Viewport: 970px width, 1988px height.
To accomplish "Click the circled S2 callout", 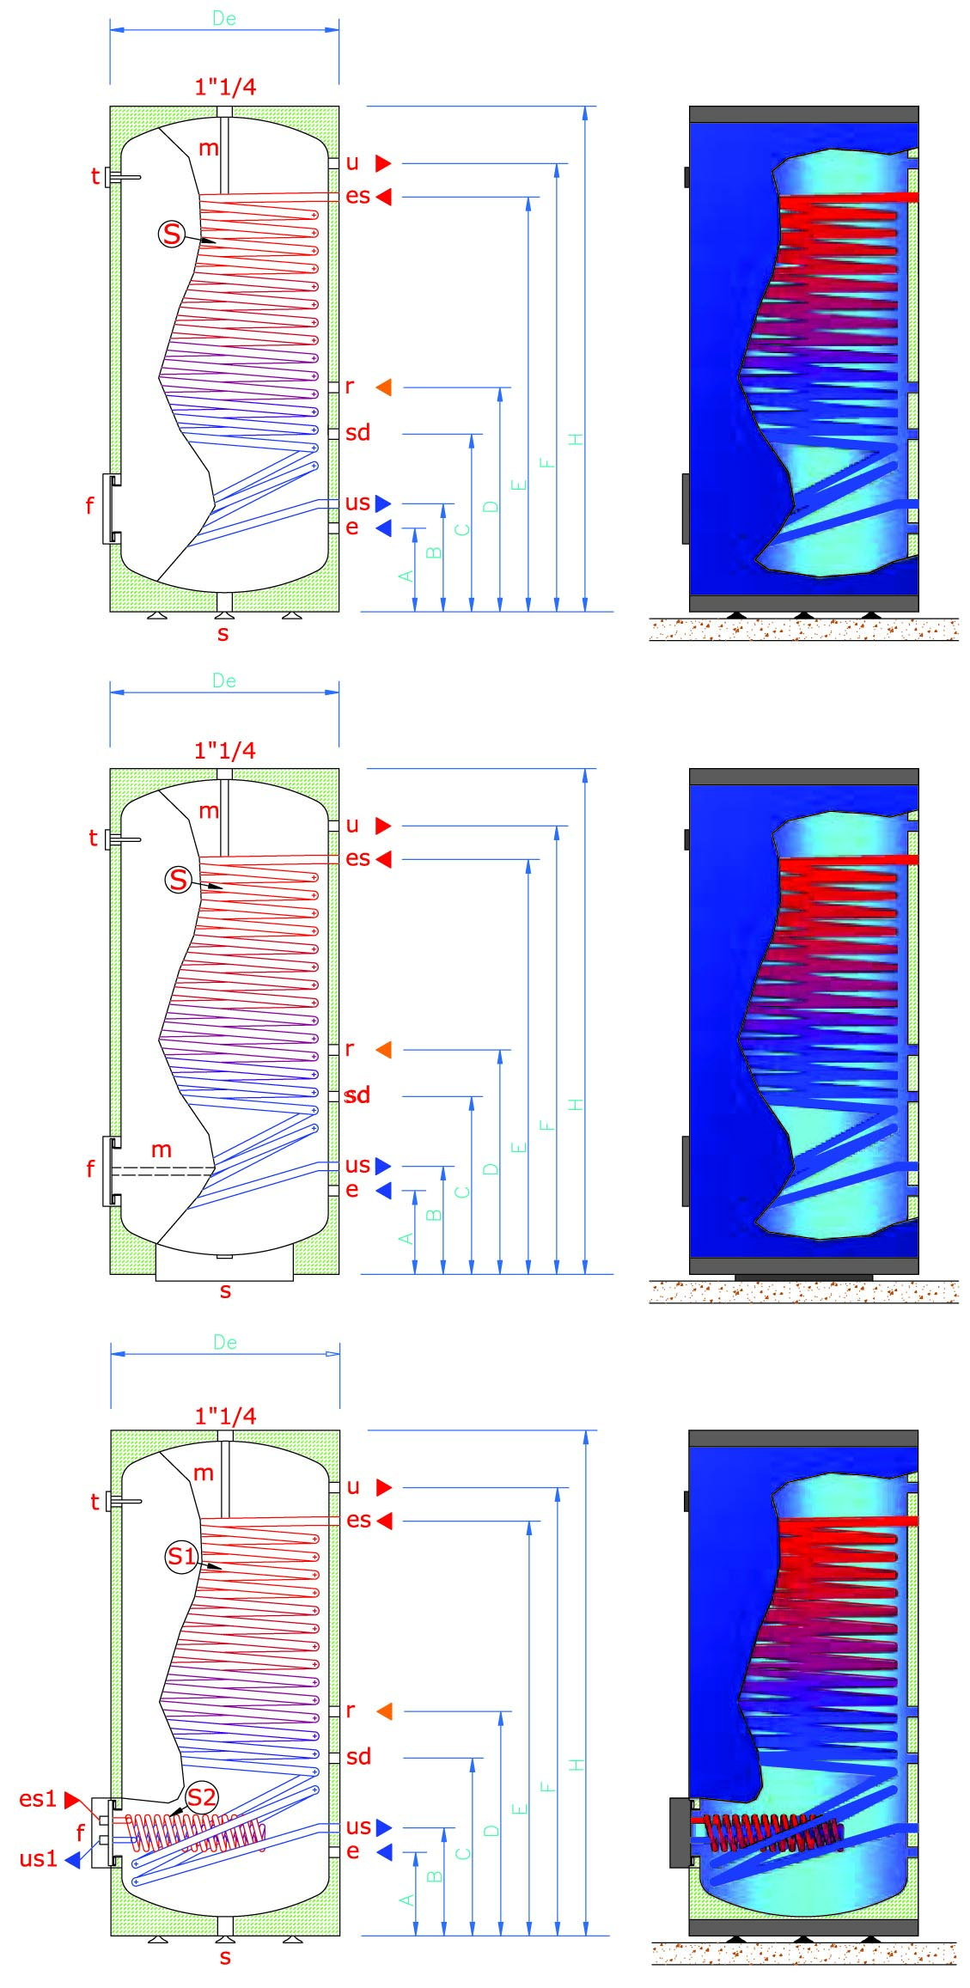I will click(201, 1796).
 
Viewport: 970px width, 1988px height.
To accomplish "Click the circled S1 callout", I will click(182, 1556).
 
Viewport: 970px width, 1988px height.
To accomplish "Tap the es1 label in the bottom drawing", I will click(38, 1798).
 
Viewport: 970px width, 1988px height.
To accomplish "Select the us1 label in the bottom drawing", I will click(38, 1858).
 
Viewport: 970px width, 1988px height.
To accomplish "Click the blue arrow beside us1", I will click(73, 1859).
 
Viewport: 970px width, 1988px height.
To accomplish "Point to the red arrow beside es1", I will click(72, 1799).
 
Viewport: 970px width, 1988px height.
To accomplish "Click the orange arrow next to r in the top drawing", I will click(384, 387).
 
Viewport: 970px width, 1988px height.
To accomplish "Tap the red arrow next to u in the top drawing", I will click(383, 162).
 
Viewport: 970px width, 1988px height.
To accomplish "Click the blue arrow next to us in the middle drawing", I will click(383, 1166).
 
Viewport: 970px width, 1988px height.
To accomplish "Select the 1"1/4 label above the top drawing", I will click(225, 87).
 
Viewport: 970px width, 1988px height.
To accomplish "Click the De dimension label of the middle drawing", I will click(224, 680).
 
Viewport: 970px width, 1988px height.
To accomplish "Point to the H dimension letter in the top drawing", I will click(576, 439).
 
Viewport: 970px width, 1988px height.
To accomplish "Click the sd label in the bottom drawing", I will click(358, 1756).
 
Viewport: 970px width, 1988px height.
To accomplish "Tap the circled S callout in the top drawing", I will click(172, 234).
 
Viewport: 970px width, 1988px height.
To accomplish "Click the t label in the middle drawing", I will click(93, 838).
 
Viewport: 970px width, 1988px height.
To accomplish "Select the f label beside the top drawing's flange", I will click(89, 505).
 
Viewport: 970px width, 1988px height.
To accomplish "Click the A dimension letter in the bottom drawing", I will click(407, 1900).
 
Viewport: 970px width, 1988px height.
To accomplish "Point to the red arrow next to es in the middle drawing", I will click(383, 859).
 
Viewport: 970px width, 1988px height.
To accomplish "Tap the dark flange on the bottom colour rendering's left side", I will click(680, 1832).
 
